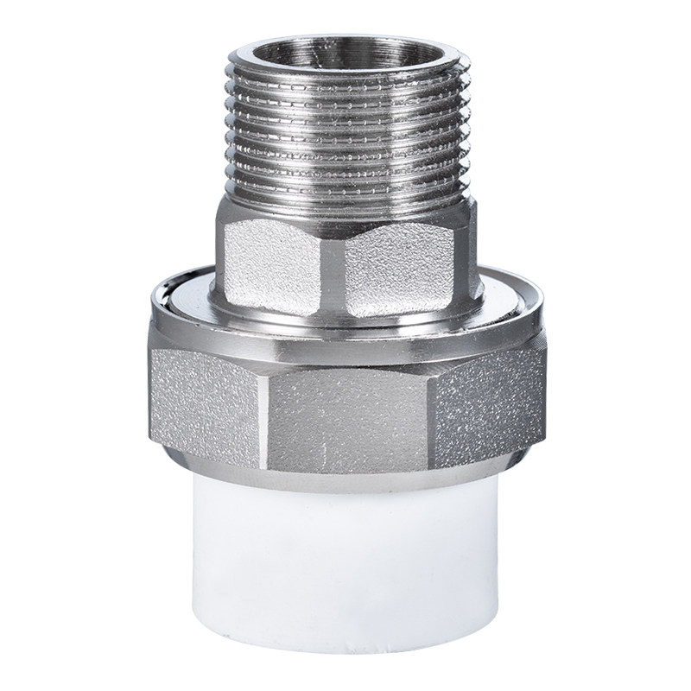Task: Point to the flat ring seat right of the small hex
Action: click(505, 298)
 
